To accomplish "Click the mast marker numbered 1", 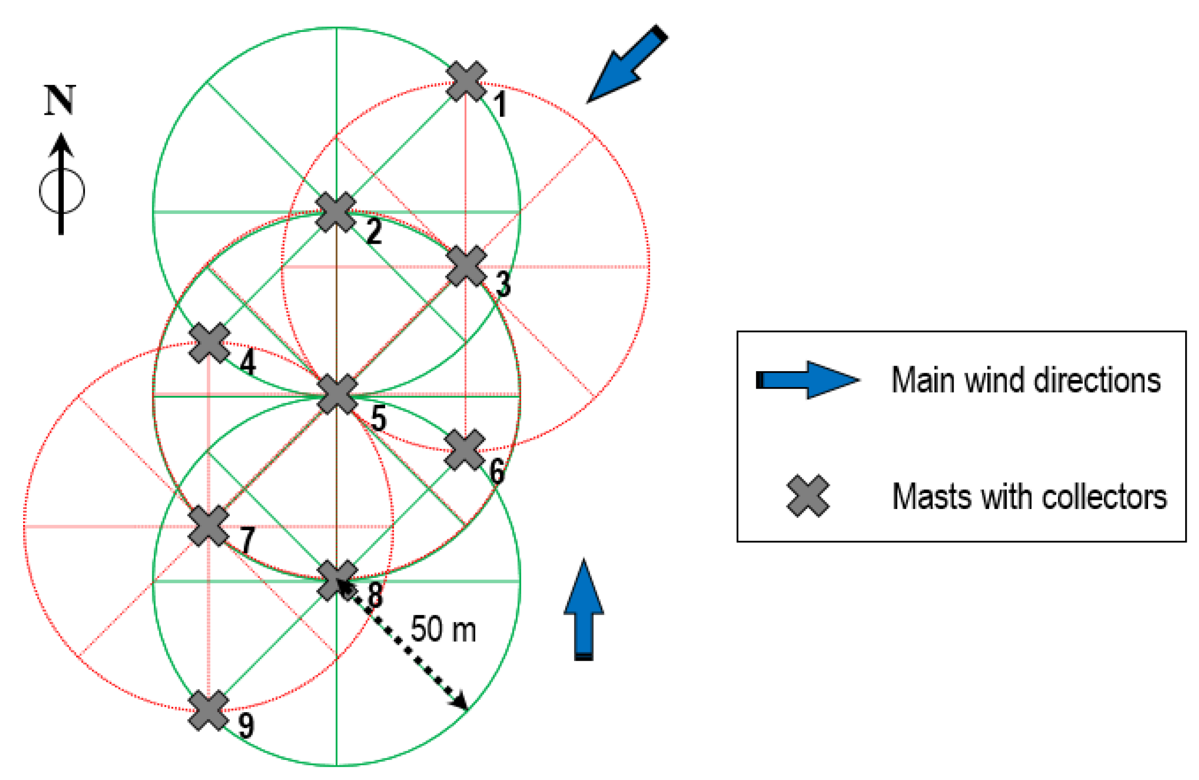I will coord(466,81).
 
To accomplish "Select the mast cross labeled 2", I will coord(336,212).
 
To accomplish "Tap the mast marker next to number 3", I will coord(466,266).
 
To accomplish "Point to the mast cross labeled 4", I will coord(209,343).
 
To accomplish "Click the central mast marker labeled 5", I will coord(337,394).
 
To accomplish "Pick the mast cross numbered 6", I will coord(464,450).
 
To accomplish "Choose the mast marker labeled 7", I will coord(208,525).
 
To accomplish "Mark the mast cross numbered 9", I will coord(208,710).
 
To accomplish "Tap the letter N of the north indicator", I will coord(60,100).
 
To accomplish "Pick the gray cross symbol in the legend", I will coord(808,496).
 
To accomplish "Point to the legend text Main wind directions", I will coord(1026,380).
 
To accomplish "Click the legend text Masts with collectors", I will coord(1029,497).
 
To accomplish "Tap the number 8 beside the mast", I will coord(375,595).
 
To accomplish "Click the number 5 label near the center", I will coord(379,418).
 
